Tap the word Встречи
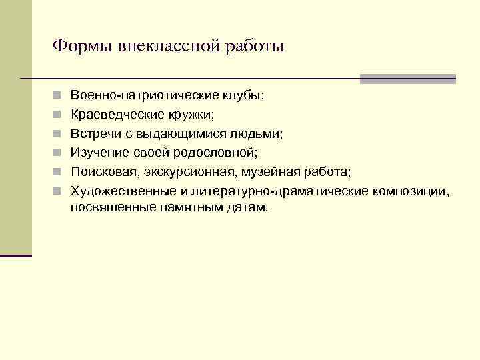tap(96, 134)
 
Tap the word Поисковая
tap(104, 173)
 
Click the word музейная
tap(263, 173)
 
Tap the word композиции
tap(410, 192)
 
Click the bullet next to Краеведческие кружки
tap(59, 115)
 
